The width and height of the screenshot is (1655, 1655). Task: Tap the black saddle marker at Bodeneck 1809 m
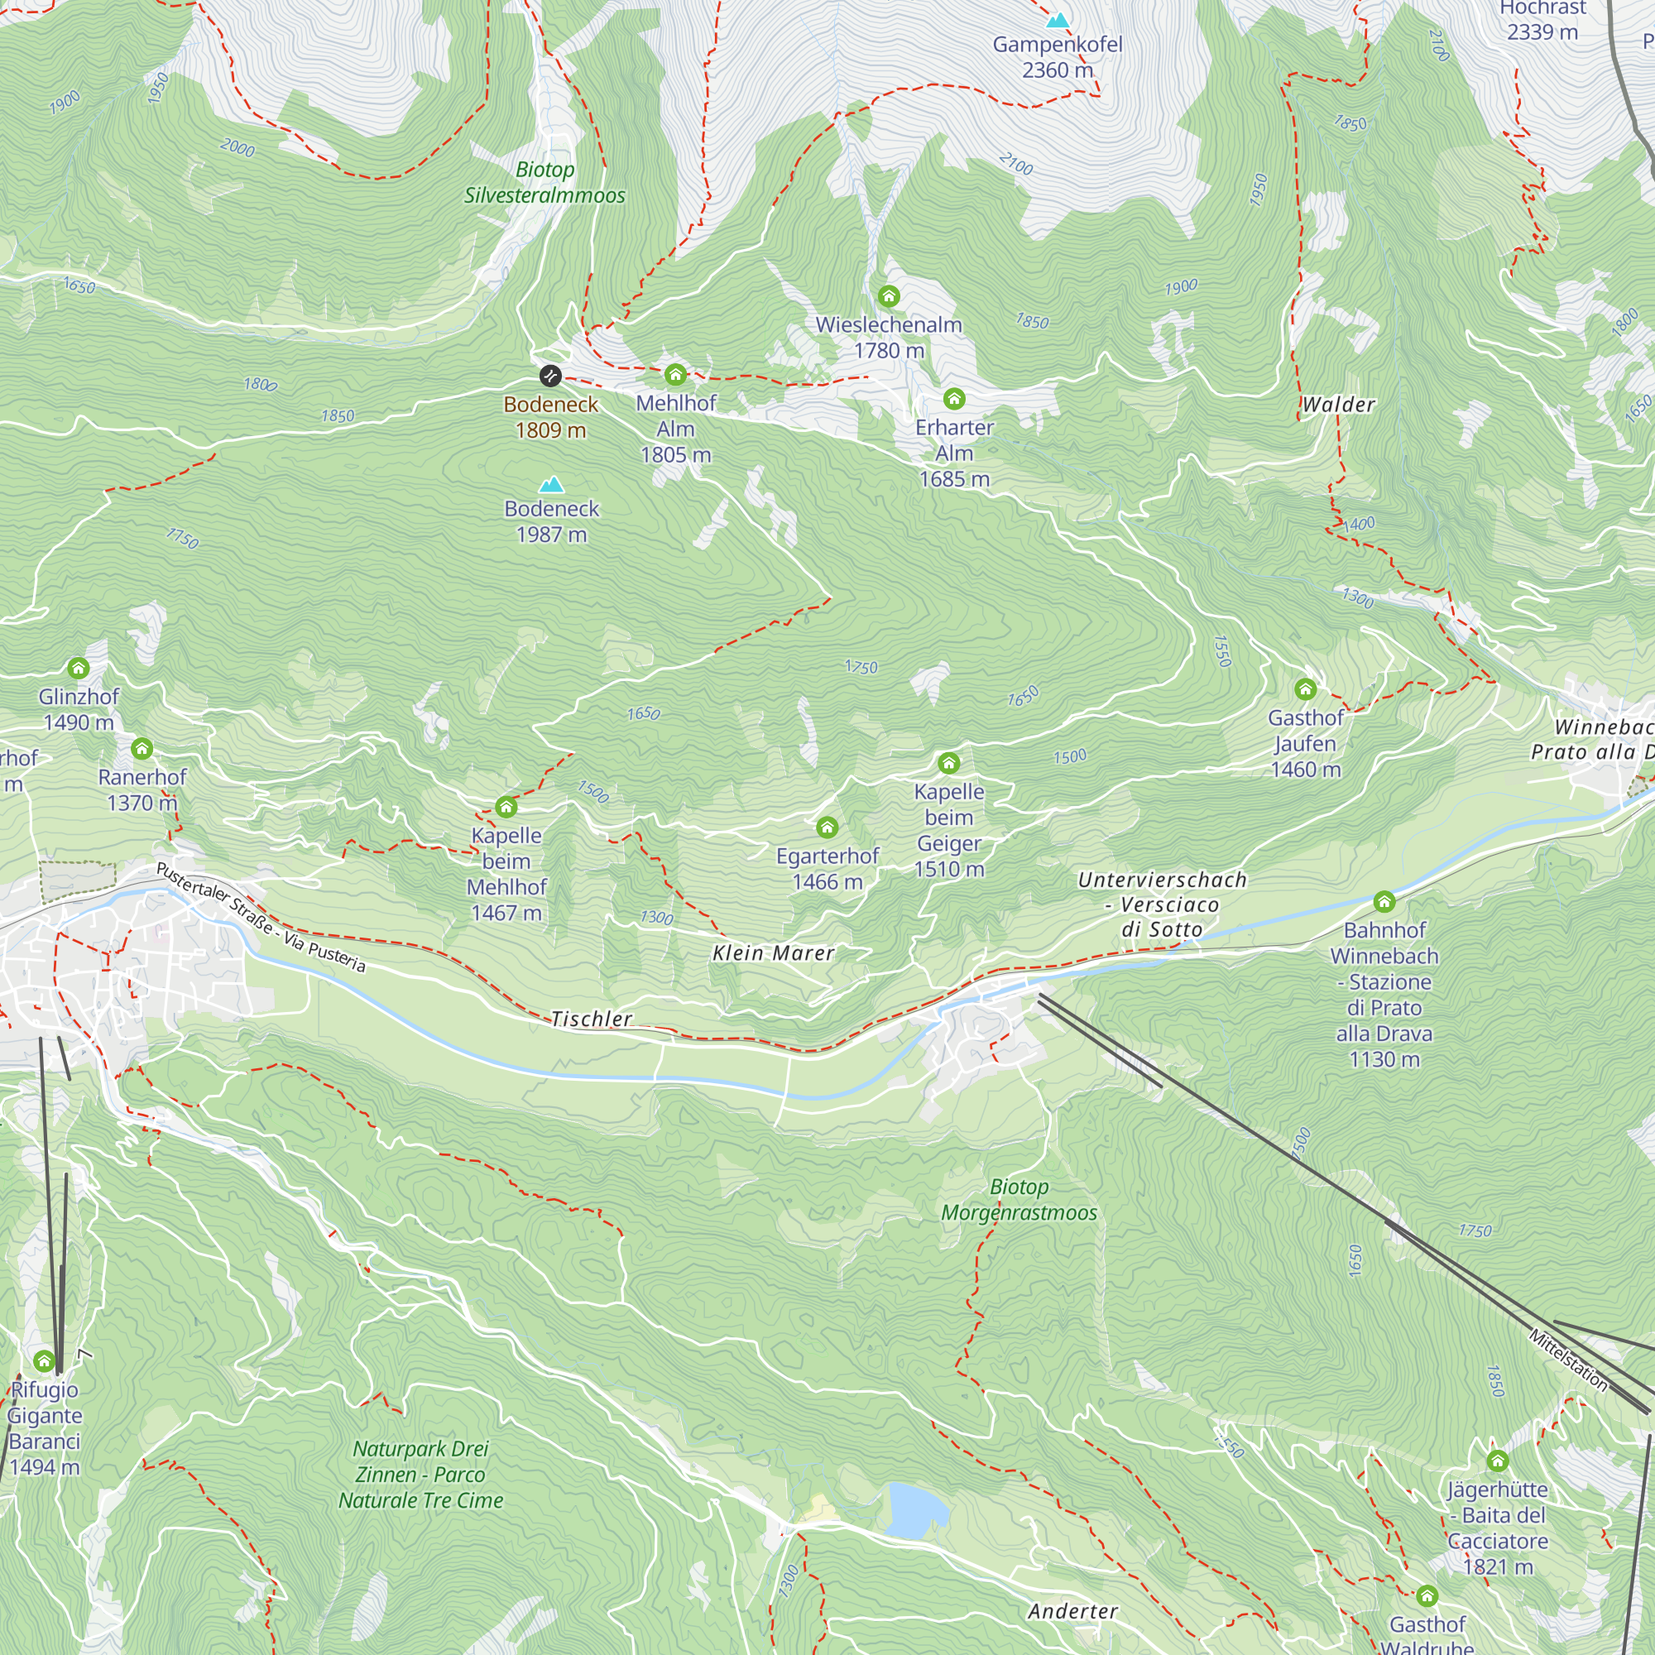point(550,375)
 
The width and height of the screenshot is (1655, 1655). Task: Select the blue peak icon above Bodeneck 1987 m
point(552,485)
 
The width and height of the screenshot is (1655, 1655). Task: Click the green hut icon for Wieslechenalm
point(888,296)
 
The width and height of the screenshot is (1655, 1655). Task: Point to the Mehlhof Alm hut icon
point(675,374)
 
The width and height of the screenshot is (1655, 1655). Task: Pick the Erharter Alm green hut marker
point(953,398)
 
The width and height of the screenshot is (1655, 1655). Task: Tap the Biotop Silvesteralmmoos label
point(544,182)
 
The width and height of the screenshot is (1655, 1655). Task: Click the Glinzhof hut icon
point(78,668)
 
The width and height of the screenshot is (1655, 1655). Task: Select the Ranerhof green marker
point(142,749)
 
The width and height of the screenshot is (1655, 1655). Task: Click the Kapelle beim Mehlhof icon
point(506,807)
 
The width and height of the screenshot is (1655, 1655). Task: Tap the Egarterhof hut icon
point(827,827)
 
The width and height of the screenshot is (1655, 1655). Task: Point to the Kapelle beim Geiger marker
point(948,763)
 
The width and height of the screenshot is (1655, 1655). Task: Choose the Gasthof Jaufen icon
point(1305,689)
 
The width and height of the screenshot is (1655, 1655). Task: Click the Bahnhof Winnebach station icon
point(1384,901)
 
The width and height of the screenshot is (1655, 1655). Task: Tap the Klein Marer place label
point(773,953)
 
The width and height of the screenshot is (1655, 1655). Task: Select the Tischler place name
point(591,1019)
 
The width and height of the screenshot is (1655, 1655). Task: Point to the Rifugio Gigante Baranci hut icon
point(45,1361)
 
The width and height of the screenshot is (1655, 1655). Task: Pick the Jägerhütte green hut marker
point(1498,1461)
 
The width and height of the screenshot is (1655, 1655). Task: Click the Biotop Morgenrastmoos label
point(1019,1199)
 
